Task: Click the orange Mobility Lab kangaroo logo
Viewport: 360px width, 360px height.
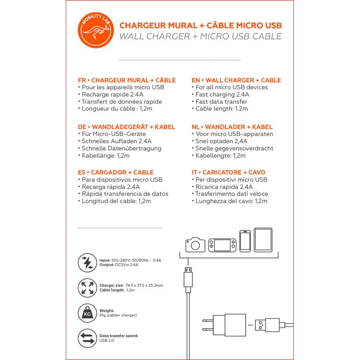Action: coord(95,31)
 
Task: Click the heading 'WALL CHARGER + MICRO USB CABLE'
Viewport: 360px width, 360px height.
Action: coord(200,37)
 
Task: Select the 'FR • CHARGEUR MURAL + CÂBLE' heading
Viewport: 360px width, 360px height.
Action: coord(127,80)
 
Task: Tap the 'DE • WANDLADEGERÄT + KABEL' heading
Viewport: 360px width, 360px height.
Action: coord(126,127)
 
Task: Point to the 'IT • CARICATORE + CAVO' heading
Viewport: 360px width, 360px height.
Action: coord(228,172)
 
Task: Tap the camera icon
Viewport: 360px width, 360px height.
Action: coord(195,244)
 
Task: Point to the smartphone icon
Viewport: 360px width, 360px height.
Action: coord(245,241)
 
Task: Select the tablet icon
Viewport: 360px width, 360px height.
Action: coord(263,240)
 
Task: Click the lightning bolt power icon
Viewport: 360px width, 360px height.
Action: coord(87,262)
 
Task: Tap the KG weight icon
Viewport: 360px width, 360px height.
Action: coord(87,313)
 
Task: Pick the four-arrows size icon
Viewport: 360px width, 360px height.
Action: coord(87,288)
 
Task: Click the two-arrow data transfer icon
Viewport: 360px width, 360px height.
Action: coord(87,338)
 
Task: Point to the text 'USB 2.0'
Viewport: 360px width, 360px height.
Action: coord(106,341)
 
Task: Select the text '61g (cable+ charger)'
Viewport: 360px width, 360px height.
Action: coord(118,315)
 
